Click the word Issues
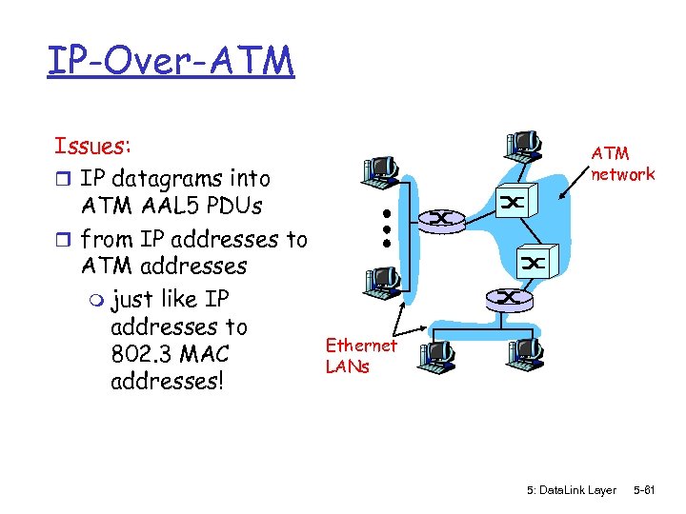coord(92,147)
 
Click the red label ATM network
coord(622,163)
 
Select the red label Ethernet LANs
coord(360,355)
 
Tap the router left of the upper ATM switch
coord(442,219)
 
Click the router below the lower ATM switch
coord(510,298)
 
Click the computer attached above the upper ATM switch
coord(523,143)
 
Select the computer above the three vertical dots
coord(379,170)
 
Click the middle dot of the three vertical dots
coord(388,228)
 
